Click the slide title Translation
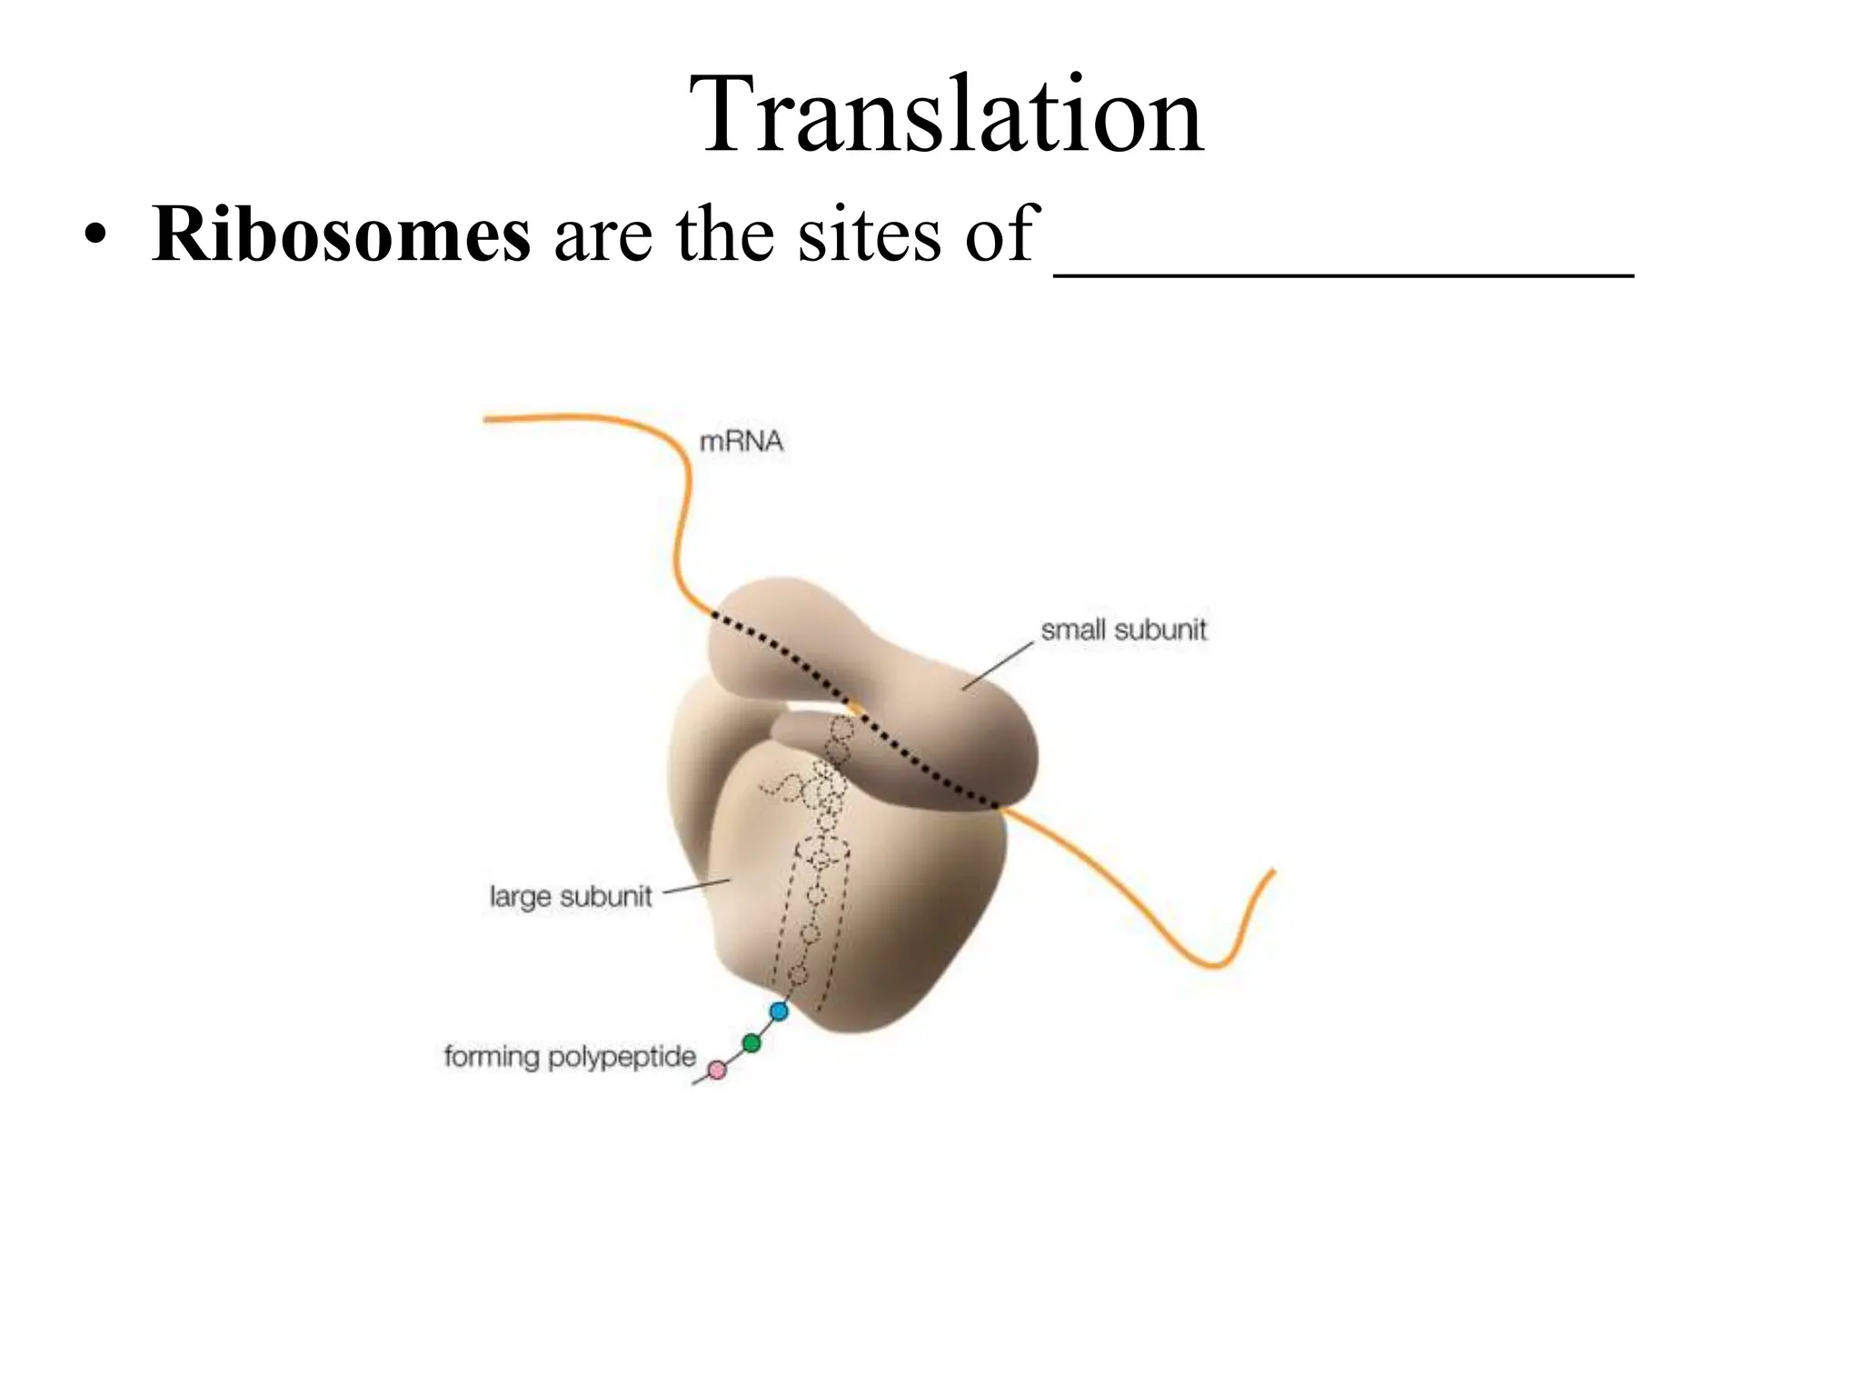[x=947, y=116]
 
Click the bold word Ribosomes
[x=341, y=234]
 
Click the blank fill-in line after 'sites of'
[x=1343, y=269]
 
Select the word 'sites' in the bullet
[x=872, y=234]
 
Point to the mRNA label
[x=741, y=443]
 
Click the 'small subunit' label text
[x=1123, y=630]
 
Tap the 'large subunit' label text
[x=571, y=897]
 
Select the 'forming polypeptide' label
[x=570, y=1057]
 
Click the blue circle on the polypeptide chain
[x=779, y=1011]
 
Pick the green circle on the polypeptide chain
[x=751, y=1043]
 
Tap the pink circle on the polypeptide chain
[x=717, y=1071]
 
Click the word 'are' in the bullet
[x=602, y=234]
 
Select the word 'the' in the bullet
[x=724, y=234]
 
